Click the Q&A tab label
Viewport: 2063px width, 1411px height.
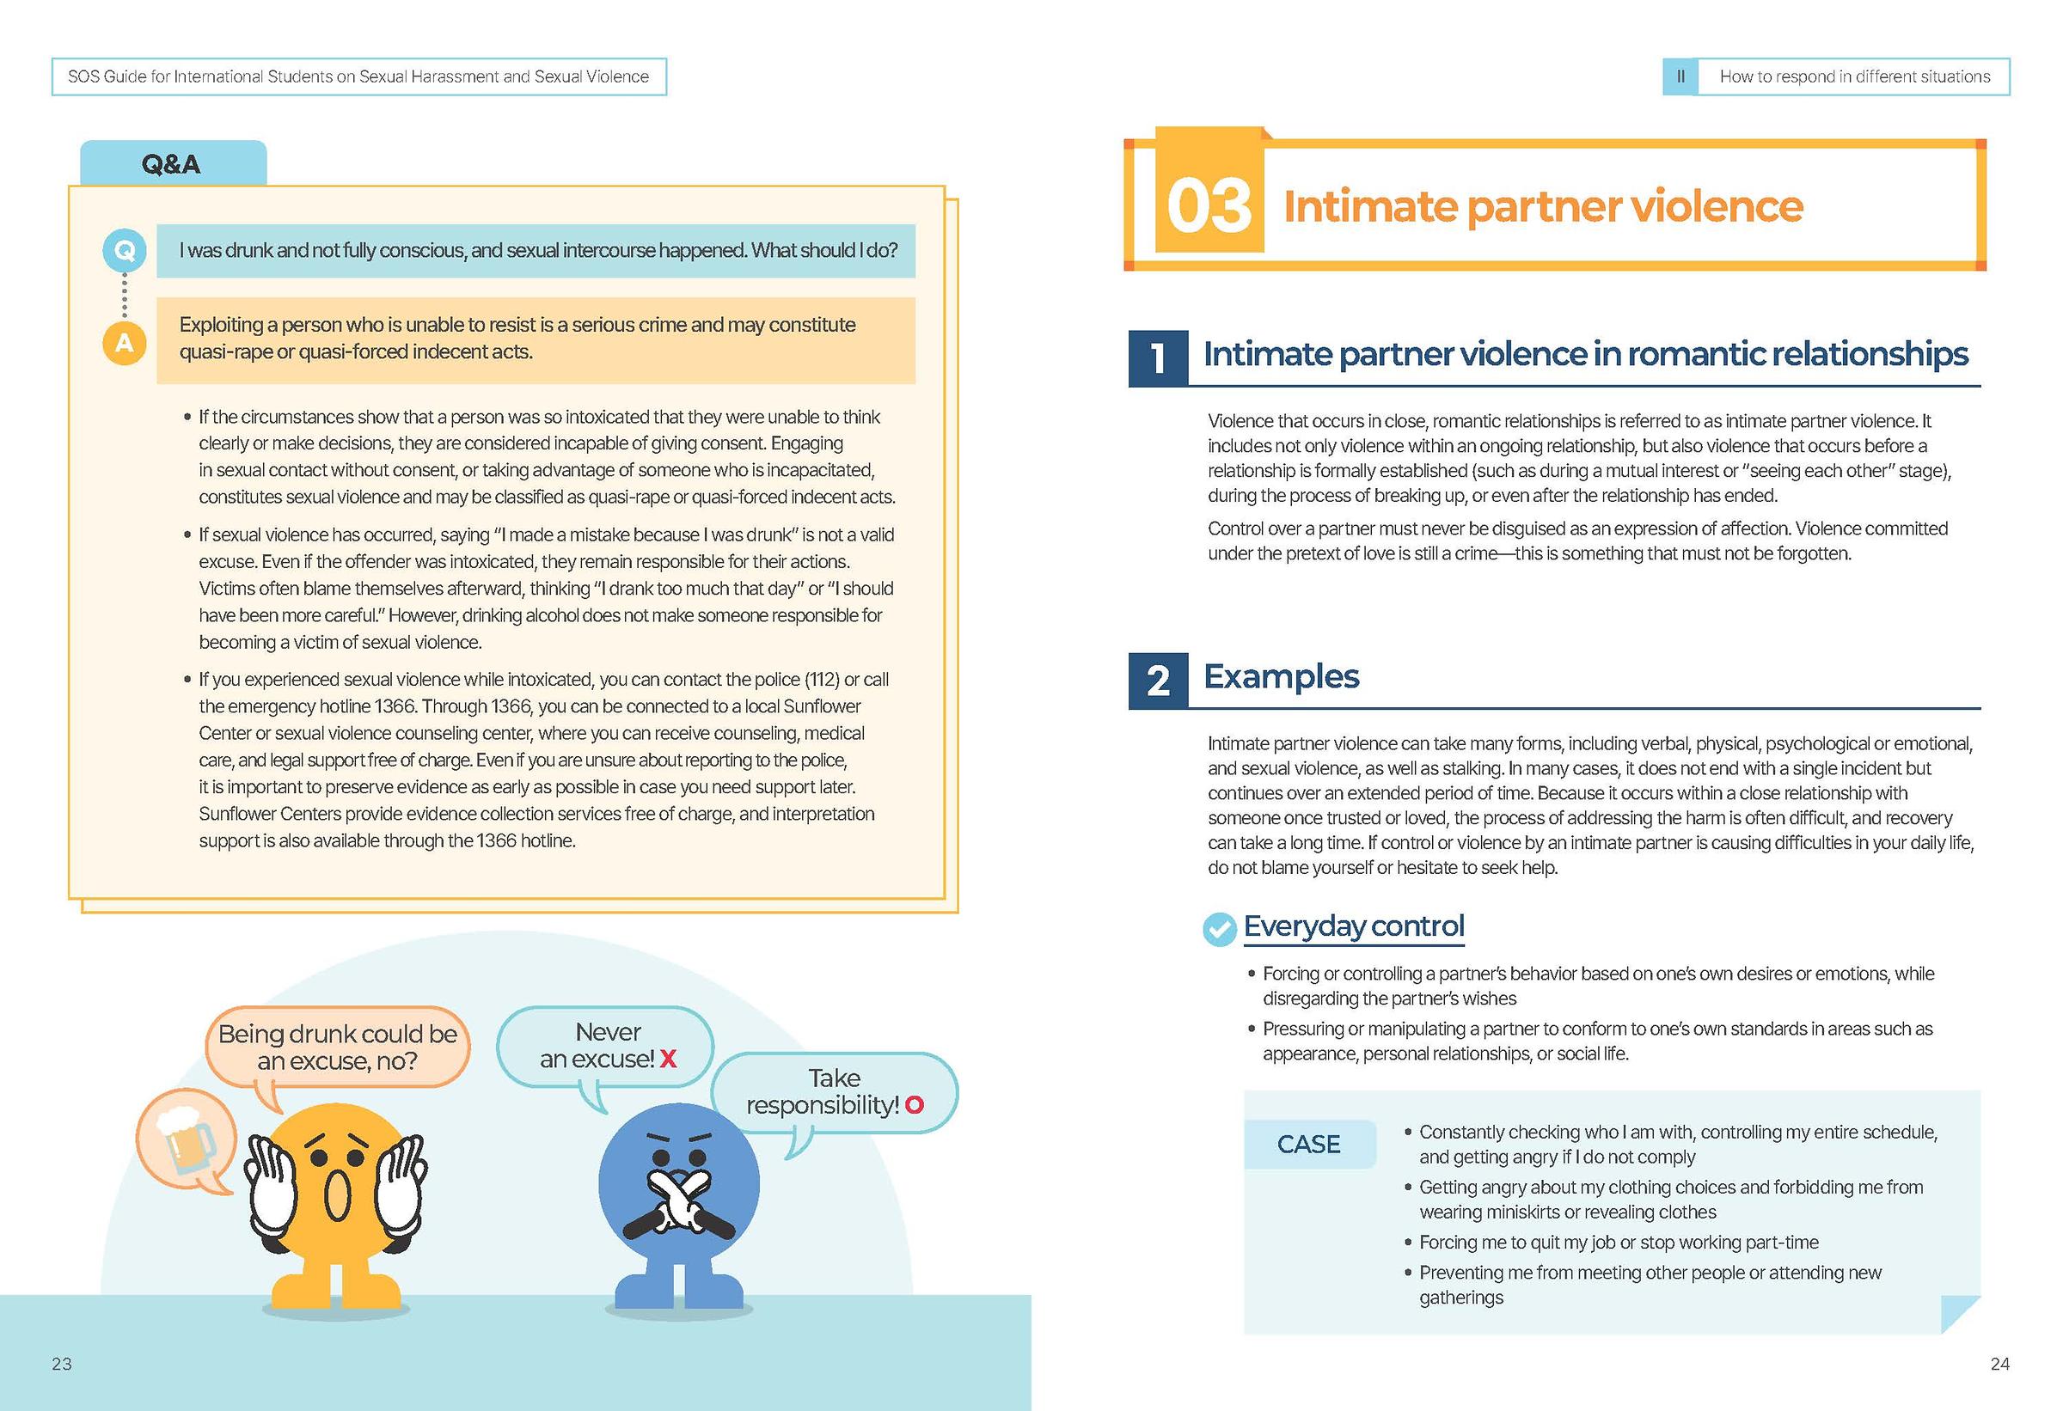[x=172, y=164]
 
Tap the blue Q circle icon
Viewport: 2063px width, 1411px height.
[x=125, y=251]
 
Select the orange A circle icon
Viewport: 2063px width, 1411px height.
[x=125, y=343]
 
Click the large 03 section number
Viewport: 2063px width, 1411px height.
[x=1209, y=206]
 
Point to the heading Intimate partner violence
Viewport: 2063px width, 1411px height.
[x=1543, y=207]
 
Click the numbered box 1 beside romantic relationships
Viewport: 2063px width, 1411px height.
[x=1158, y=357]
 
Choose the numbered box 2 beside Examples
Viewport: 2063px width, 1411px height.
[x=1158, y=681]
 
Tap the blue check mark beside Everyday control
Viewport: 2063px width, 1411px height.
[x=1220, y=929]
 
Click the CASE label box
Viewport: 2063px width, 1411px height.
[x=1308, y=1144]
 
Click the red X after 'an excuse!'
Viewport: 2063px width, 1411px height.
[x=668, y=1059]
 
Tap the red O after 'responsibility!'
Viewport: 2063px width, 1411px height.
[x=915, y=1105]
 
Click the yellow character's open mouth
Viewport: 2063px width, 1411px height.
[x=337, y=1195]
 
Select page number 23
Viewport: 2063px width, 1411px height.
[x=61, y=1364]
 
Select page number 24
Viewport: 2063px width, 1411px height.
[x=1999, y=1364]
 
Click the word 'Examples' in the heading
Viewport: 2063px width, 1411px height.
[x=1281, y=676]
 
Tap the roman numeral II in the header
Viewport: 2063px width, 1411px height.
[x=1680, y=77]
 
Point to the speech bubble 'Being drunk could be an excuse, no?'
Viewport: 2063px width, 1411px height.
[x=337, y=1048]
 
